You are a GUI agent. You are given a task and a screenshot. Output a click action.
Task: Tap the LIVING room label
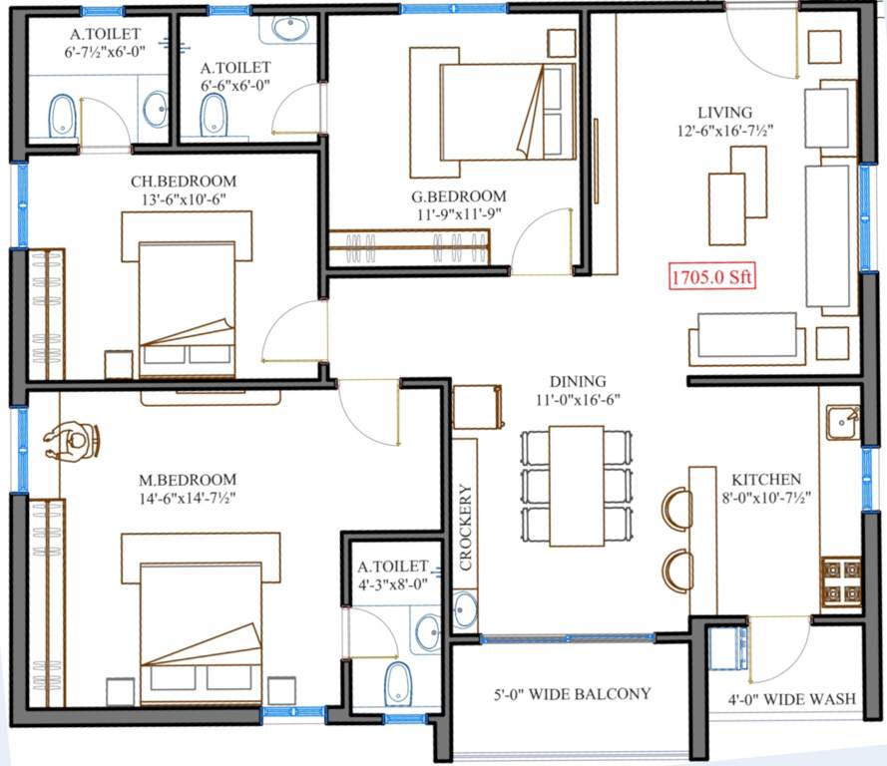tap(724, 112)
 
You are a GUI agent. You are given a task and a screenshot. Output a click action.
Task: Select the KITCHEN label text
tap(765, 480)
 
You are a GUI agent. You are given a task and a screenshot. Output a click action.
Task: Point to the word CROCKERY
tap(465, 527)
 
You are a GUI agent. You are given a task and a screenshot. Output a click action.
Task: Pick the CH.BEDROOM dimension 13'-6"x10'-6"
tap(184, 199)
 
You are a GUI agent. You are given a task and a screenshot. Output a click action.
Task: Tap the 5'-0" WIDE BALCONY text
tap(573, 693)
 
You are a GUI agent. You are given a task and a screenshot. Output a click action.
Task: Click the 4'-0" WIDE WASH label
tap(793, 699)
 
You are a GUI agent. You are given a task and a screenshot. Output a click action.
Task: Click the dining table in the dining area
tap(576, 485)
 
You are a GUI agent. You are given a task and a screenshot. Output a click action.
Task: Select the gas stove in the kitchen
tap(840, 582)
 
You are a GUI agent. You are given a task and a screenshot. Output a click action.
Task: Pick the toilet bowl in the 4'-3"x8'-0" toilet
tap(397, 683)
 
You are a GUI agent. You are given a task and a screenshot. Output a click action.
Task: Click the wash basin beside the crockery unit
tap(465, 607)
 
